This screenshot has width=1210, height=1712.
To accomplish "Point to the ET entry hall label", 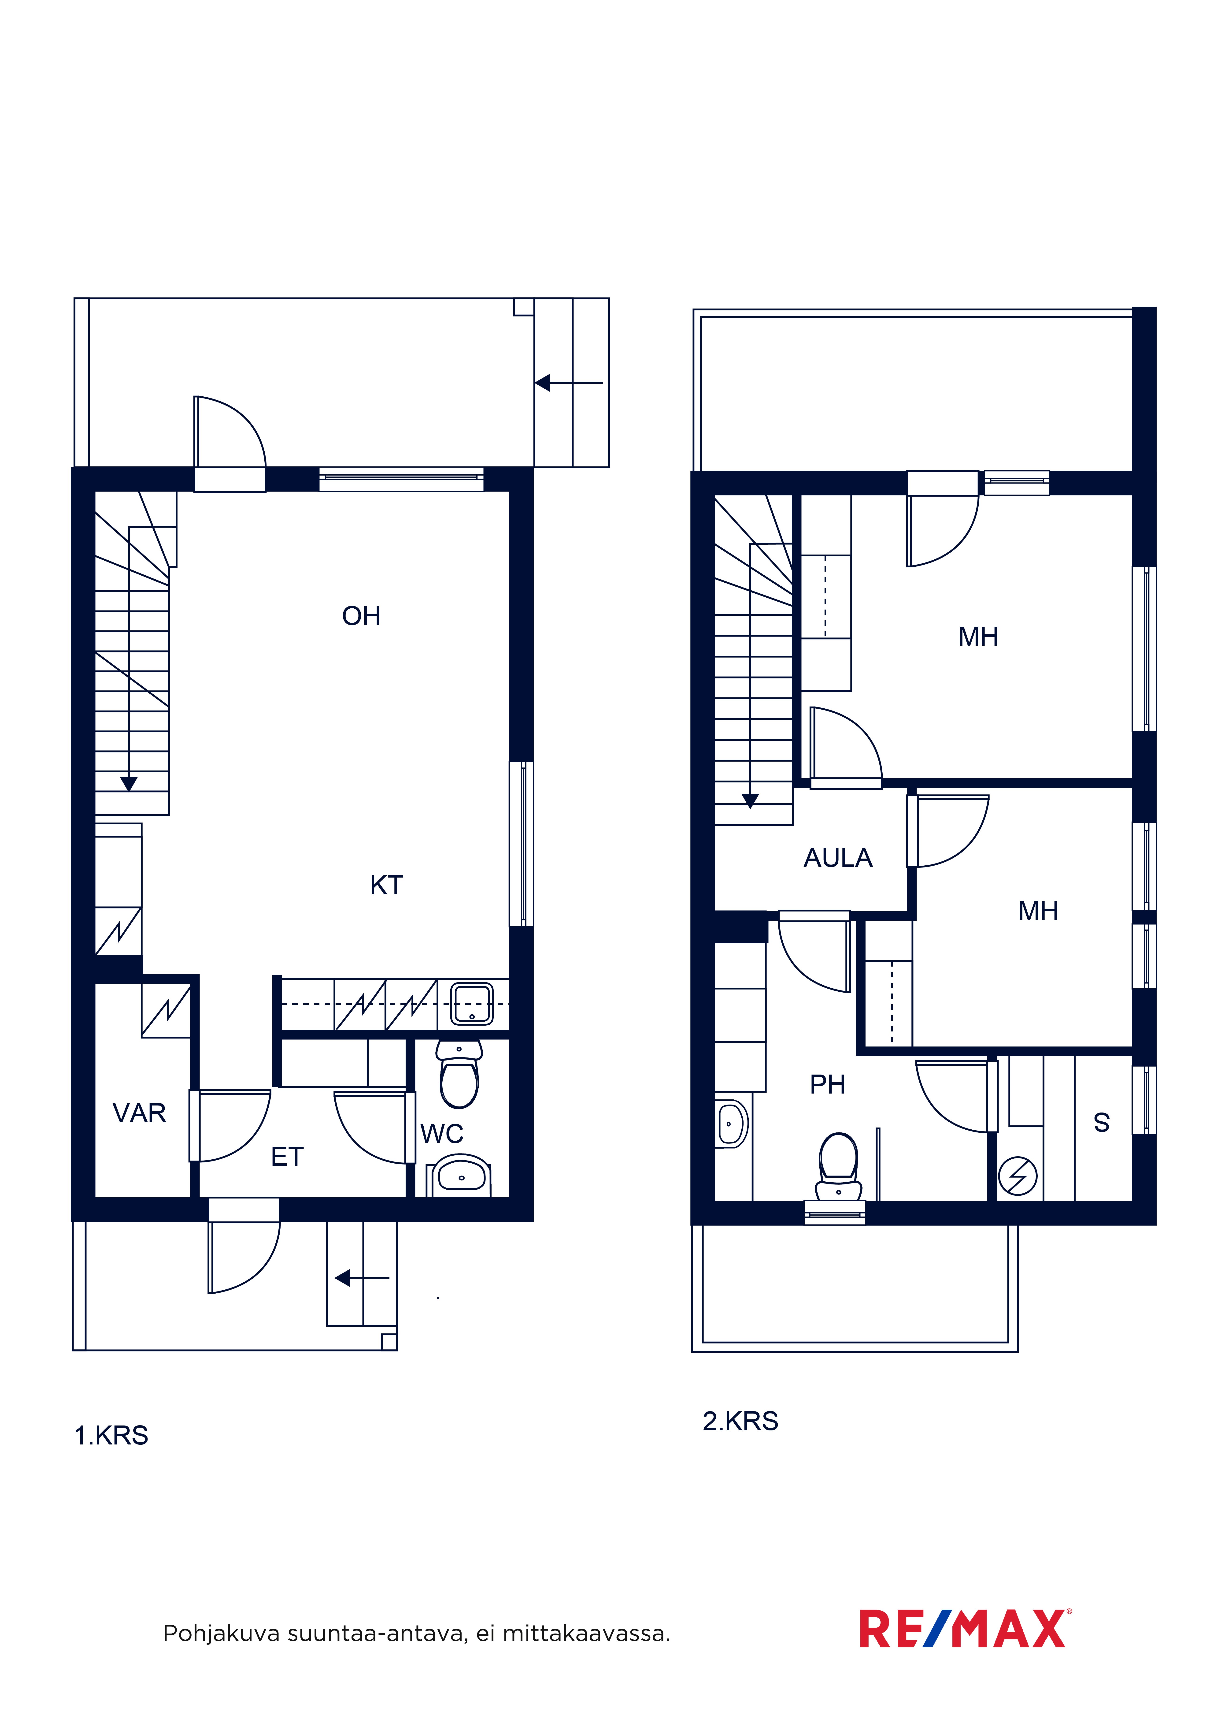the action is pyautogui.click(x=287, y=1157).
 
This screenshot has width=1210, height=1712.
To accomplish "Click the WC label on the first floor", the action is pyautogui.click(x=442, y=1134).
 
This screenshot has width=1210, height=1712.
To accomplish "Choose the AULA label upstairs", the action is pyautogui.click(x=838, y=858).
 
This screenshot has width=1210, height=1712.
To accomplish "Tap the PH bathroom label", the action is pyautogui.click(x=828, y=1085).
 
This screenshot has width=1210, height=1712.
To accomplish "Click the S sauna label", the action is pyautogui.click(x=1102, y=1123).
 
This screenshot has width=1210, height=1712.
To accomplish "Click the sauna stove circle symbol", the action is pyautogui.click(x=1018, y=1176).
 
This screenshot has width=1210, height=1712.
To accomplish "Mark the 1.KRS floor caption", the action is pyautogui.click(x=111, y=1435).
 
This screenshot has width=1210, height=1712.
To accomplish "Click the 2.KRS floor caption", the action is pyautogui.click(x=740, y=1421).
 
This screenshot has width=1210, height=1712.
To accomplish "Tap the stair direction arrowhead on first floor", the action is pyautogui.click(x=129, y=784).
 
